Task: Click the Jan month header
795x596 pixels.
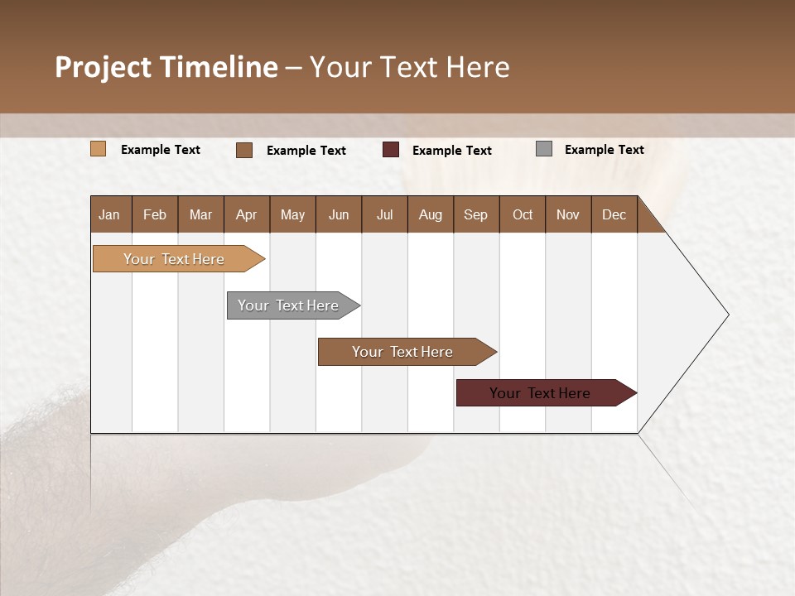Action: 110,214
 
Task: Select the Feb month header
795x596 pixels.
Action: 155,214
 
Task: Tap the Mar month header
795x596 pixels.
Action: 200,214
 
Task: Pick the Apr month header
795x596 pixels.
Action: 247,214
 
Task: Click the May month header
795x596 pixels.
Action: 292,214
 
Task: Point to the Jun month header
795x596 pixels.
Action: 339,214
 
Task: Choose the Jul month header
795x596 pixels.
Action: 384,214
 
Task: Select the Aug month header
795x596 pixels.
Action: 431,214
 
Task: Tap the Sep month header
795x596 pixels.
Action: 476,214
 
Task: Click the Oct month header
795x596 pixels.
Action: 523,214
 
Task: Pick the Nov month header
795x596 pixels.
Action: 568,214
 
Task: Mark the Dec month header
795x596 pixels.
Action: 614,214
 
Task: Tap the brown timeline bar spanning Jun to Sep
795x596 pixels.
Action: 403,352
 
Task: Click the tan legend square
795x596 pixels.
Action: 99,149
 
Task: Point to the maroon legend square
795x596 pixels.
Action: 391,150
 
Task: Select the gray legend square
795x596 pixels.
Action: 544,149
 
